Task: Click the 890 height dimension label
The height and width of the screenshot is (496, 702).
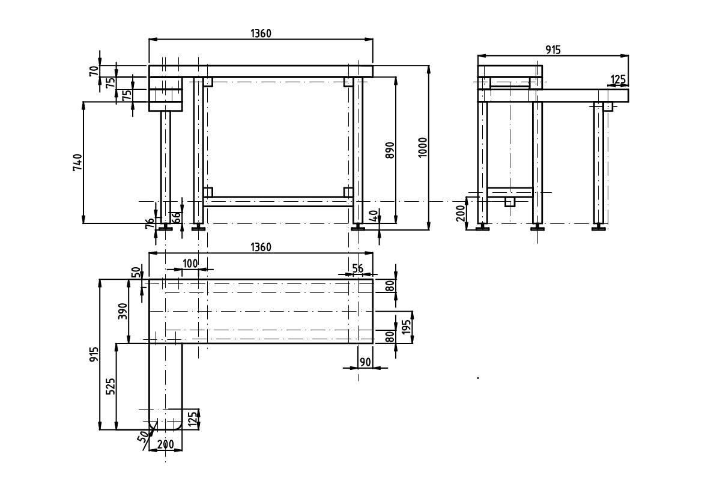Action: pyautogui.click(x=390, y=150)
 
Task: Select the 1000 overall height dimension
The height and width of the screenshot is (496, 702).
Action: pyautogui.click(x=423, y=147)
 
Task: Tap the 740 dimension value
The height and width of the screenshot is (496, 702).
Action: pyautogui.click(x=77, y=163)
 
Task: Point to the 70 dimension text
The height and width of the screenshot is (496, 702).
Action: pyautogui.click(x=94, y=71)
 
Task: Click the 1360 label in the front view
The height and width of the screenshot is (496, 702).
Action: pyautogui.click(x=261, y=33)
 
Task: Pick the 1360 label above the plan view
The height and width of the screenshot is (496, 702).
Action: pyautogui.click(x=261, y=247)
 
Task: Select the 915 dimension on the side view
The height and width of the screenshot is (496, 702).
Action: pyautogui.click(x=553, y=50)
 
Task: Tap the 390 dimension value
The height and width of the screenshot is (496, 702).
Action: pyautogui.click(x=123, y=310)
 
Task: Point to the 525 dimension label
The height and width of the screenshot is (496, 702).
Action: pyautogui.click(x=110, y=386)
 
